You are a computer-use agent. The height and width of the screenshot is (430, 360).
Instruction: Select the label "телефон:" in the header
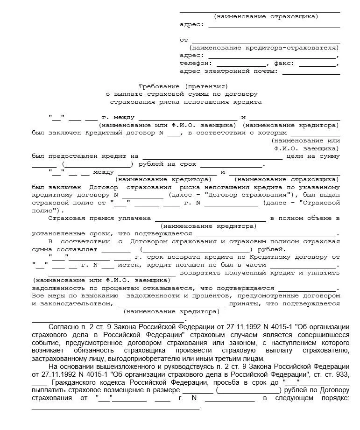tap(196, 63)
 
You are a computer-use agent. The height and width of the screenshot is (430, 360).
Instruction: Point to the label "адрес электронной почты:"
tap(229, 71)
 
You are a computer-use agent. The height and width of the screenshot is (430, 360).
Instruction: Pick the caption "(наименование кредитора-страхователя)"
tap(264, 48)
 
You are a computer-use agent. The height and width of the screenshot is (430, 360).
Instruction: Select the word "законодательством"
tap(71, 303)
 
